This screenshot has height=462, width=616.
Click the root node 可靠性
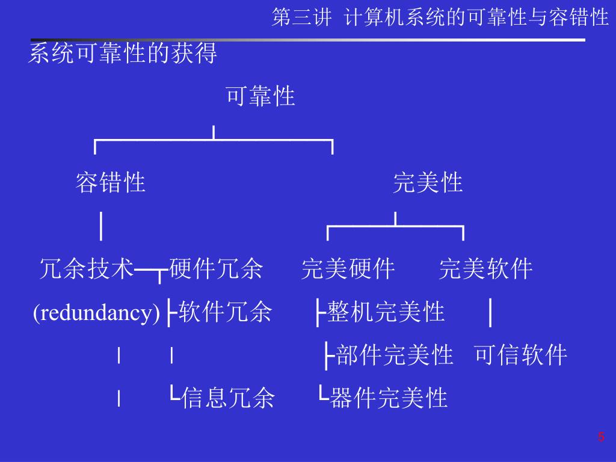coord(260,96)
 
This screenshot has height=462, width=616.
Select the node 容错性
coord(110,182)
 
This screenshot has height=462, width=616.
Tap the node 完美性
coord(428,182)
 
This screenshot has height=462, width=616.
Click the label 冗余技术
coord(86,269)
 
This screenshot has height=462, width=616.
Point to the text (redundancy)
coord(96,313)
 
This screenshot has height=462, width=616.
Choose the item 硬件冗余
coord(217,269)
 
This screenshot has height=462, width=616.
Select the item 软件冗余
coord(226,313)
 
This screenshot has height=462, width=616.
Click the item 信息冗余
coord(228,398)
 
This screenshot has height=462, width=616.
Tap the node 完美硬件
coord(348,269)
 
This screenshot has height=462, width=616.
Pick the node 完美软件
coord(485,269)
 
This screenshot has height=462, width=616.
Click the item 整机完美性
coord(386,313)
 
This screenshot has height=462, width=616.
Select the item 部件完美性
coord(395,356)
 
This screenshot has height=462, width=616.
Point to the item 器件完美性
coord(389,398)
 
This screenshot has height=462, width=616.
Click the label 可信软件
coord(520,356)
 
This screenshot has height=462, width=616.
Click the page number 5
coord(600,437)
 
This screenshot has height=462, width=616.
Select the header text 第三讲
coord(301,17)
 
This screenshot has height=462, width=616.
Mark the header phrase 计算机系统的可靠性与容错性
coord(477,17)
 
